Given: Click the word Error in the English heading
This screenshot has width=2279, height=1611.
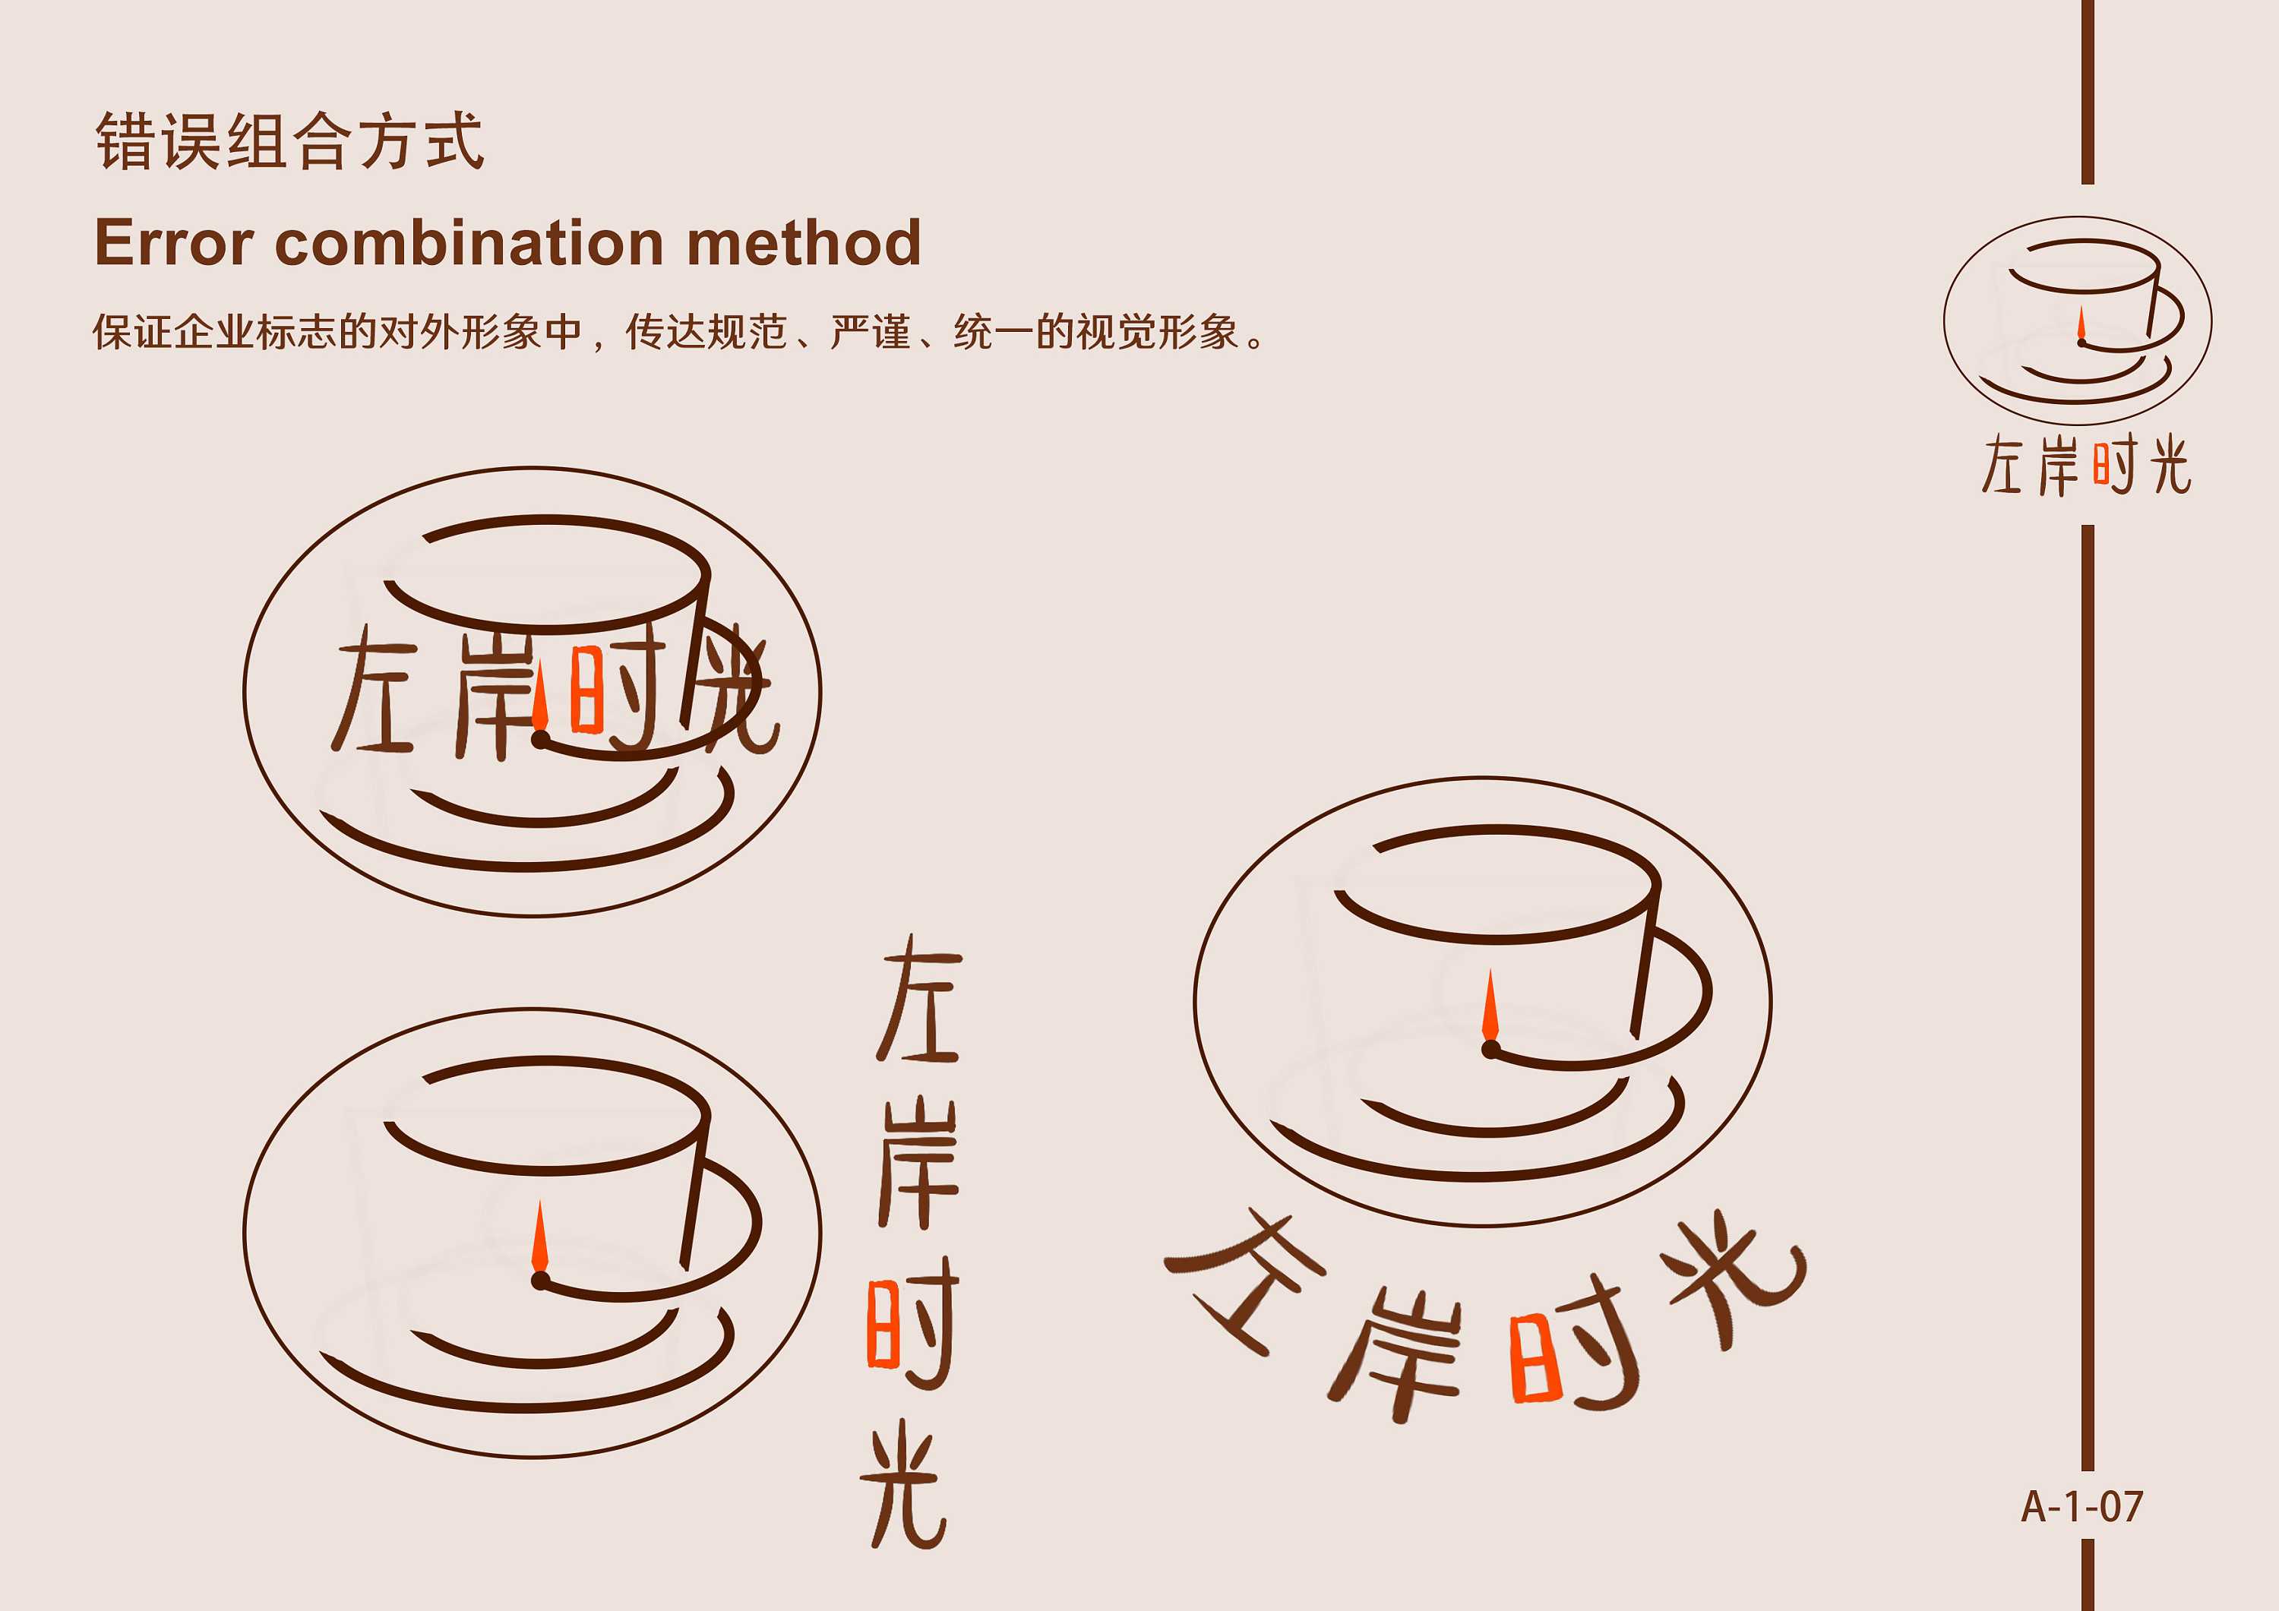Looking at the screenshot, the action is click(x=175, y=242).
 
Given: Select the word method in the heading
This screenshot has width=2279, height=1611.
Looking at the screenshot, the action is click(x=804, y=242).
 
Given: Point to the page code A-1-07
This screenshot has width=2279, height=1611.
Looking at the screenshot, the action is click(x=2082, y=1507).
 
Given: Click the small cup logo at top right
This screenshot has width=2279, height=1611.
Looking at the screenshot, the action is click(x=2078, y=321).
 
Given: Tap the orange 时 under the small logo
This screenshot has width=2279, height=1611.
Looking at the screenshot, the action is click(x=2114, y=465).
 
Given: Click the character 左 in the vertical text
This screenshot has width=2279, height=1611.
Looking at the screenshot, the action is click(x=919, y=999).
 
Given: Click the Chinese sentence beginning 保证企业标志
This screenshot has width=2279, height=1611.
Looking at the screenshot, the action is click(x=680, y=331).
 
